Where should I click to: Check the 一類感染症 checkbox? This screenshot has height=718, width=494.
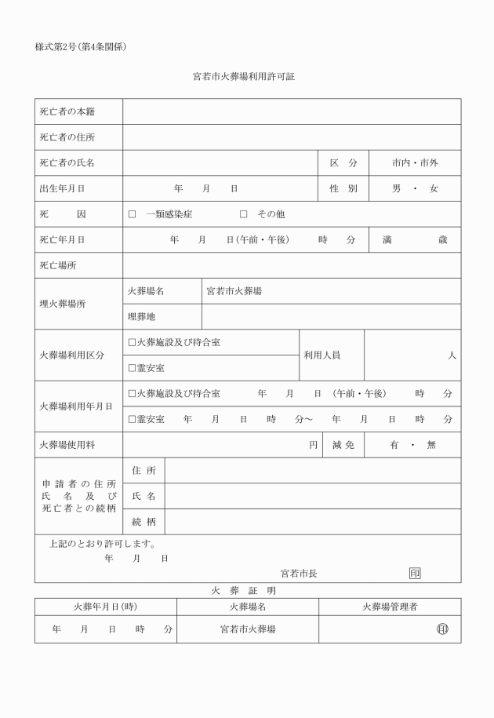click(132, 214)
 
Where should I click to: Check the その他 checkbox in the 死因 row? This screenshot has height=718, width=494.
click(243, 214)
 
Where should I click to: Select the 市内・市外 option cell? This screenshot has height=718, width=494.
click(415, 163)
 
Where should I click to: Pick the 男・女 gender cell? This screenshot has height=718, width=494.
click(415, 189)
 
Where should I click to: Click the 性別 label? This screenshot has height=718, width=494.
click(343, 189)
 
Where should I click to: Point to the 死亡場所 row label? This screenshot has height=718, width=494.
click(58, 266)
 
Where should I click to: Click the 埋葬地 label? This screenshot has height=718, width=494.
click(142, 317)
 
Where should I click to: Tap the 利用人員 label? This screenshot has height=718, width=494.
click(321, 355)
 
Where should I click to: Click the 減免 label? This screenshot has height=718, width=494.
click(343, 445)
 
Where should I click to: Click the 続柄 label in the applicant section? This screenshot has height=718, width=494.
click(143, 521)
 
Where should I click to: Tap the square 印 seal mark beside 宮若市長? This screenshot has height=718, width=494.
click(415, 574)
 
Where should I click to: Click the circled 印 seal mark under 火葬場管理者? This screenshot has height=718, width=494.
click(442, 629)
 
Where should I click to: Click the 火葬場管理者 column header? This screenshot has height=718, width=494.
click(390, 607)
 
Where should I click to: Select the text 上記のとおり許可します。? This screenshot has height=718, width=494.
click(103, 543)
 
